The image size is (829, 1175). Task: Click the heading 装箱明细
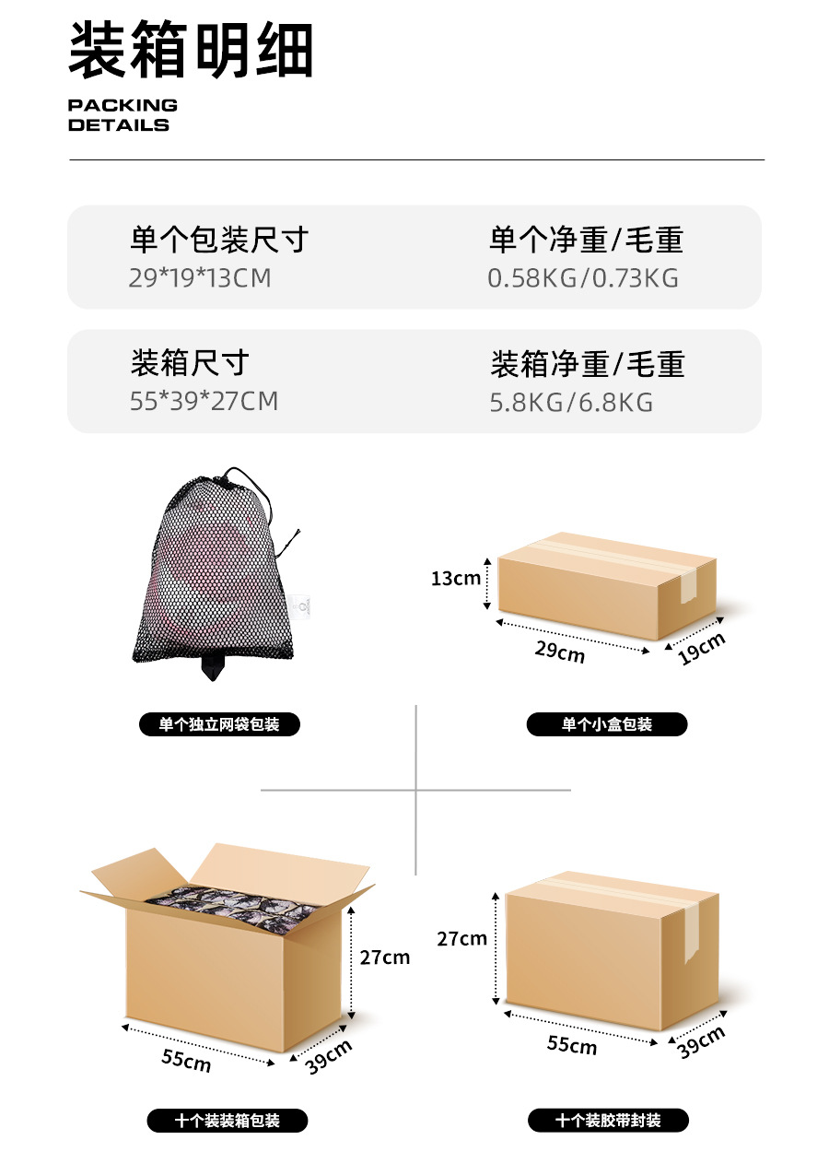pyautogui.click(x=191, y=51)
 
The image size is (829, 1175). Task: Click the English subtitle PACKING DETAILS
pyautogui.click(x=123, y=115)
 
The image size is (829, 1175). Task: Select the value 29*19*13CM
pyautogui.click(x=200, y=277)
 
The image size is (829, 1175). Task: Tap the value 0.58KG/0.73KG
pyautogui.click(x=583, y=277)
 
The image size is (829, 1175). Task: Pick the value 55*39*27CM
pyautogui.click(x=204, y=401)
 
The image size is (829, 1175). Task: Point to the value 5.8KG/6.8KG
pyautogui.click(x=571, y=402)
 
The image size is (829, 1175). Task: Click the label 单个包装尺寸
pyautogui.click(x=218, y=241)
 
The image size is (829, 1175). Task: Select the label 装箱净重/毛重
pyautogui.click(x=587, y=364)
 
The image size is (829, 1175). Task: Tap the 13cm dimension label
pyautogui.click(x=456, y=579)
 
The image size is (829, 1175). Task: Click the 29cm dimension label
pyautogui.click(x=559, y=652)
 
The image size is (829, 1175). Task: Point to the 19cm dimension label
pyautogui.click(x=701, y=648)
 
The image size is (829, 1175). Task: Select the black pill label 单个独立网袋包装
pyautogui.click(x=219, y=724)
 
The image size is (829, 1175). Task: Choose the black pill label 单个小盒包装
pyautogui.click(x=606, y=724)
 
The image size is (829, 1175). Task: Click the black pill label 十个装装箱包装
pyautogui.click(x=227, y=1121)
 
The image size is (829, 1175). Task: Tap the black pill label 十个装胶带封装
pyautogui.click(x=608, y=1121)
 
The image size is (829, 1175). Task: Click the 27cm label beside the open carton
pyautogui.click(x=385, y=958)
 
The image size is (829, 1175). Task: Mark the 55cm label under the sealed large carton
pyautogui.click(x=571, y=1044)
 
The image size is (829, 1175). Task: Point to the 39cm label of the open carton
pyautogui.click(x=328, y=1056)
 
